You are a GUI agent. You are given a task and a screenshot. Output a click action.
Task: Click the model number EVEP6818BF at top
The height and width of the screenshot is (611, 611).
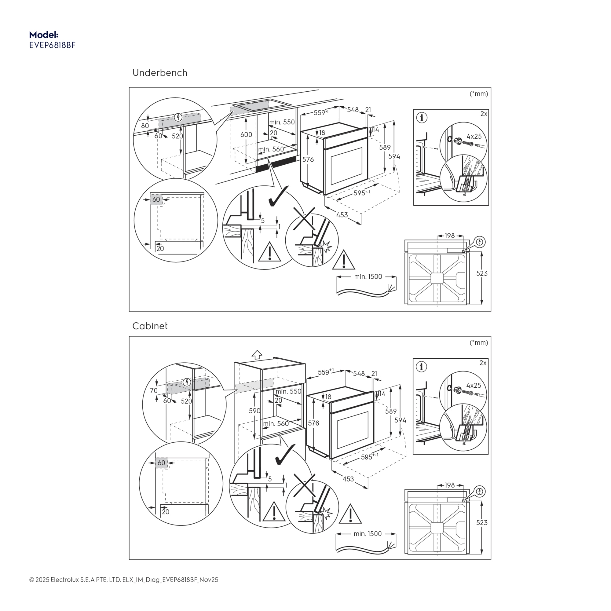pyautogui.click(x=53, y=45)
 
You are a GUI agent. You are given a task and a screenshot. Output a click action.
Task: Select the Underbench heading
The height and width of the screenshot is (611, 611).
pyautogui.click(x=160, y=73)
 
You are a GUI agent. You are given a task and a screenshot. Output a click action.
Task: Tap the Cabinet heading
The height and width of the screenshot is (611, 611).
pyautogui.click(x=150, y=326)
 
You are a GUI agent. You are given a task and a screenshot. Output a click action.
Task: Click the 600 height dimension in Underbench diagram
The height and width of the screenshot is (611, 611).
pyautogui.click(x=246, y=134)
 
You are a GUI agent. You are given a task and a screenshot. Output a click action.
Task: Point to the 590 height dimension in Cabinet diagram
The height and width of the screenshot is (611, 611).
pyautogui.click(x=254, y=411)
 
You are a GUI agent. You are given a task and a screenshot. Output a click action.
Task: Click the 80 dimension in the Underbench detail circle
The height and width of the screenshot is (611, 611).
pyautogui.click(x=145, y=126)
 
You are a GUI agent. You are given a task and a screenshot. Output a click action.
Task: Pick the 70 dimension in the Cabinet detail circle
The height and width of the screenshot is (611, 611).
pyautogui.click(x=154, y=390)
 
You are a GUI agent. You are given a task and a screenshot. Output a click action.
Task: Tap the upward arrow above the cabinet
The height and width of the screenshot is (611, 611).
pyautogui.click(x=257, y=354)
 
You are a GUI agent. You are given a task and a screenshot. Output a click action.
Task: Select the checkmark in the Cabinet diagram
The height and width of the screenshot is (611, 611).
pyautogui.click(x=285, y=455)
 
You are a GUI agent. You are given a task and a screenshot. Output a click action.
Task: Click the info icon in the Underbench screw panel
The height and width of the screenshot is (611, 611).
pyautogui.click(x=422, y=118)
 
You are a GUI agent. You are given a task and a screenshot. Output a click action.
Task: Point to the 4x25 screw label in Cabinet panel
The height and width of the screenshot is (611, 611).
pyautogui.click(x=474, y=386)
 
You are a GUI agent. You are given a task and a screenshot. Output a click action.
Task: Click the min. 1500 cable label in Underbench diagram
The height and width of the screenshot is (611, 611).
pyautogui.click(x=368, y=277)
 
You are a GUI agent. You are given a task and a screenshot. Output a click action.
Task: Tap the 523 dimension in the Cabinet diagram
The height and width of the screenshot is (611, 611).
pyautogui.click(x=482, y=523)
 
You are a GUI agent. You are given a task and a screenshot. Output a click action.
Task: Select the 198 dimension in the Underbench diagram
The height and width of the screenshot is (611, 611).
pyautogui.click(x=450, y=236)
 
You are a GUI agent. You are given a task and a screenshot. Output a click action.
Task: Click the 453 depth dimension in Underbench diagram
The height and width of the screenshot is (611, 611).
pyautogui.click(x=342, y=215)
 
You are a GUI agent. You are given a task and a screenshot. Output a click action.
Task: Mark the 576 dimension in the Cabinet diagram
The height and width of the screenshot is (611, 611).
pyautogui.click(x=313, y=423)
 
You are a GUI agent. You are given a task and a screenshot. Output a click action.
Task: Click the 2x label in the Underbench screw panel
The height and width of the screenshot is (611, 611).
pyautogui.click(x=484, y=114)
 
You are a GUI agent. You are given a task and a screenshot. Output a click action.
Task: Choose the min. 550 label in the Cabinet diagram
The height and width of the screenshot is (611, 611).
pyautogui.click(x=288, y=391)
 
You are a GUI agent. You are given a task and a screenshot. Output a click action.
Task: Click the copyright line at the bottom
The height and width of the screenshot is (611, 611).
pyautogui.click(x=124, y=580)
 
